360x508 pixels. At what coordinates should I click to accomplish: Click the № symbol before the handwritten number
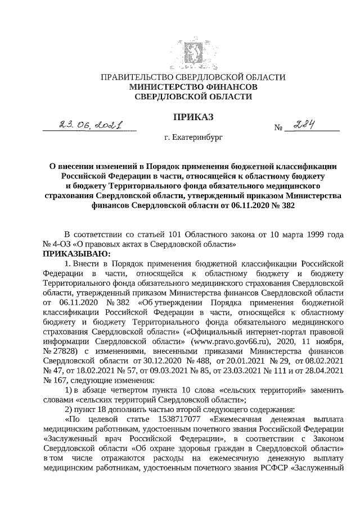[277, 128]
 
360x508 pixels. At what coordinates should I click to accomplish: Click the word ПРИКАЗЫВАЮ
[73, 254]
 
